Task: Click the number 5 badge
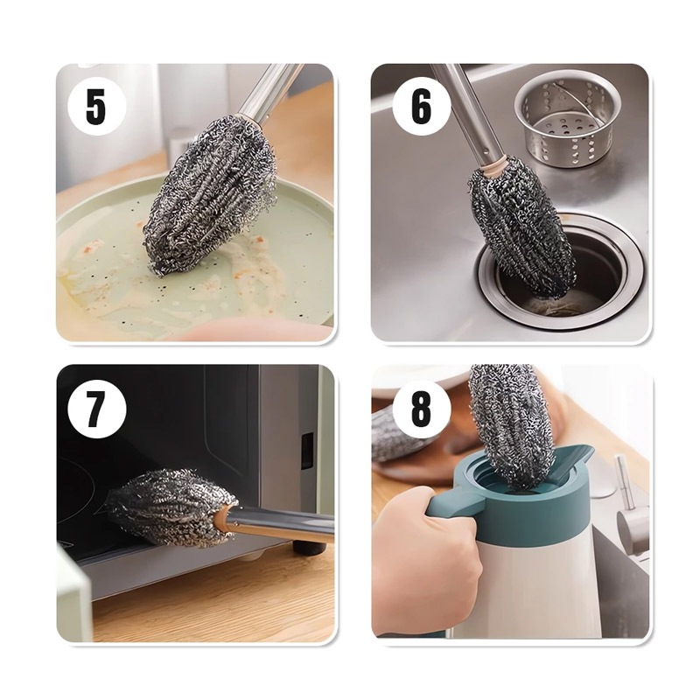[x=97, y=106]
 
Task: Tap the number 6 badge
[x=421, y=106]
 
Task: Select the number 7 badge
[x=97, y=409]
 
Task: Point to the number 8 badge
[x=421, y=409]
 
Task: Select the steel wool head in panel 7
[x=171, y=507]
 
